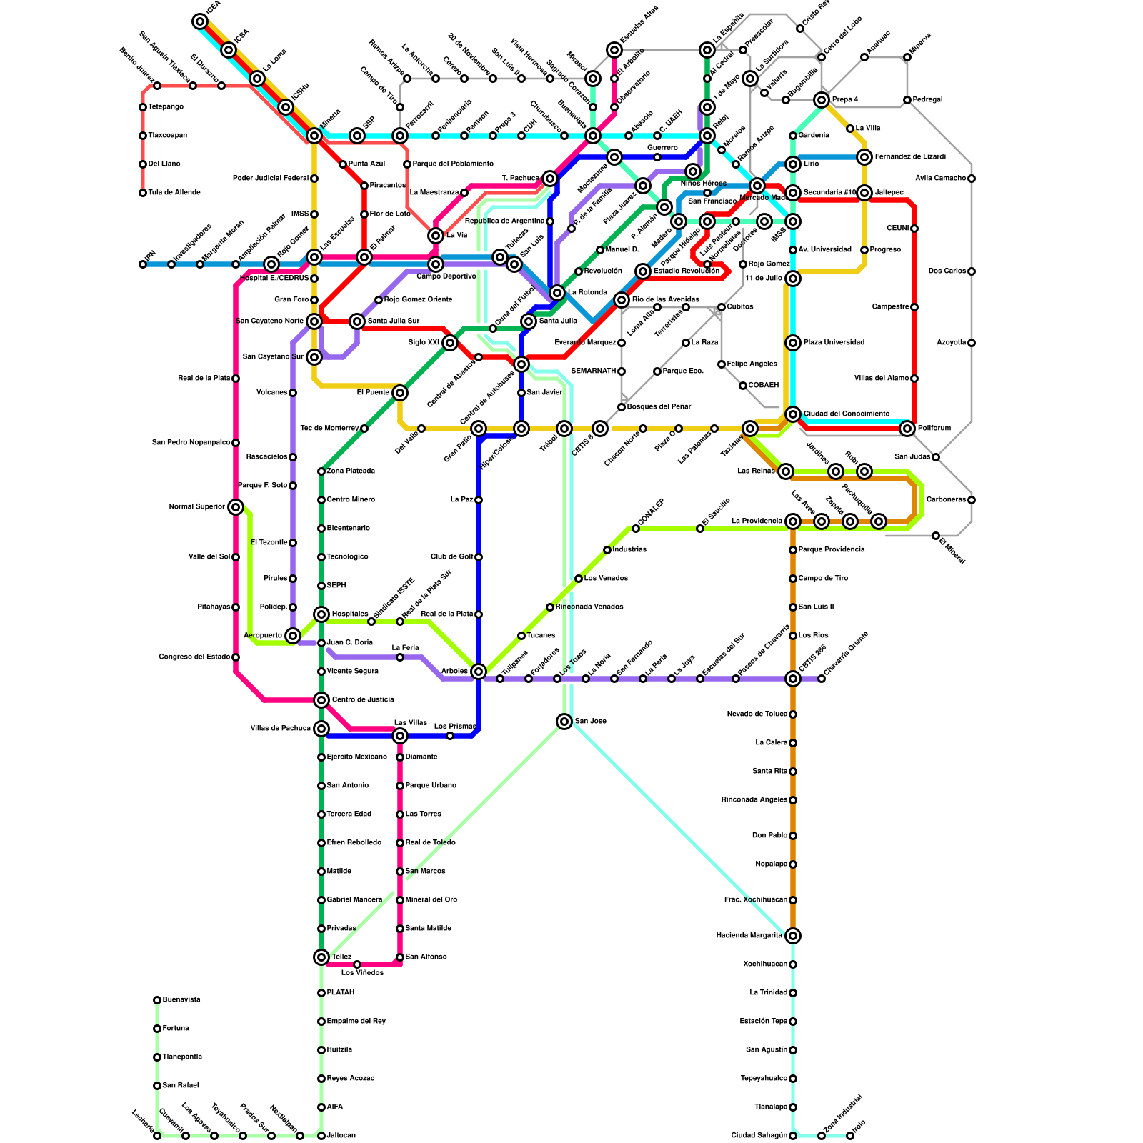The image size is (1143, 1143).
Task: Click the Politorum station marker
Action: click(907, 429)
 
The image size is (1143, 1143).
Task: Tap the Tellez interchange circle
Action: click(321, 957)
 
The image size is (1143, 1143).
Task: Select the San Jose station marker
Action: click(564, 722)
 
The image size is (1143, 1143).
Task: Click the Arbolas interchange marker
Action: click(479, 672)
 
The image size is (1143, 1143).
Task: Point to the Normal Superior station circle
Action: click(236, 507)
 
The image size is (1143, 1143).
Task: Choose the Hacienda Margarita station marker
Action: click(793, 936)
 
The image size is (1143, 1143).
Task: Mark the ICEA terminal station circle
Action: click(200, 21)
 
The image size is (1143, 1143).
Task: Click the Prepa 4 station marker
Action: click(822, 100)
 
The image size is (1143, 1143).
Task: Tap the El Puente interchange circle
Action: click(400, 393)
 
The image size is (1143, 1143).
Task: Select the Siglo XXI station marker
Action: click(450, 343)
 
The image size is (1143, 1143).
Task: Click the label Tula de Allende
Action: click(174, 193)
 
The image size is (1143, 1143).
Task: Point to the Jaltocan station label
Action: click(341, 1136)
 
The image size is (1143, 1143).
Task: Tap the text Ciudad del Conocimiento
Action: click(847, 414)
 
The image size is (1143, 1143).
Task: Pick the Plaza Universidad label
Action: click(834, 343)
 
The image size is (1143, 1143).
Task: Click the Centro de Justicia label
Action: click(363, 700)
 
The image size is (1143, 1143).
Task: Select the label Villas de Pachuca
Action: click(281, 729)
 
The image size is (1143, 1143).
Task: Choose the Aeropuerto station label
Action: click(262, 636)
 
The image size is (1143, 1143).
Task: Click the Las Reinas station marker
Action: click(786, 471)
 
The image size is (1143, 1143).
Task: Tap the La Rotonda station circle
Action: click(557, 293)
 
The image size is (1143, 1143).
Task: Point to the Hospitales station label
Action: click(350, 614)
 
